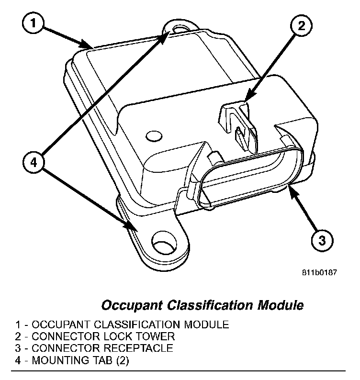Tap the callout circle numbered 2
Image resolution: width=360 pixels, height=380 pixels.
coord(301,26)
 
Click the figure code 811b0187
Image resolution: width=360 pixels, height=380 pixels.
coord(320,273)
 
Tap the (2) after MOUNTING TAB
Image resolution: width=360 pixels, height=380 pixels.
coord(121,360)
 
